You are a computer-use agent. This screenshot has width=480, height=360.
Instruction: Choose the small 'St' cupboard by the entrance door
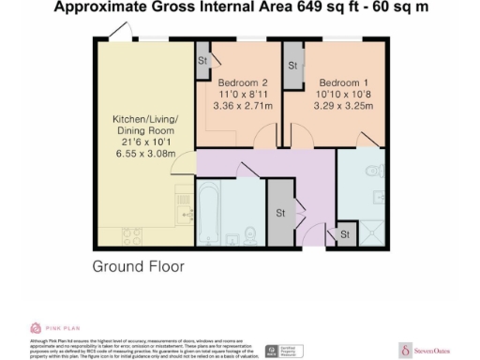tap(344, 233)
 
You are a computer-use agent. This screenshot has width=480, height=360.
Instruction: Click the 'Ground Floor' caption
tap(138, 266)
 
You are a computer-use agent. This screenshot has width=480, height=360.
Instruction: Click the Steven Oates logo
tap(423, 346)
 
